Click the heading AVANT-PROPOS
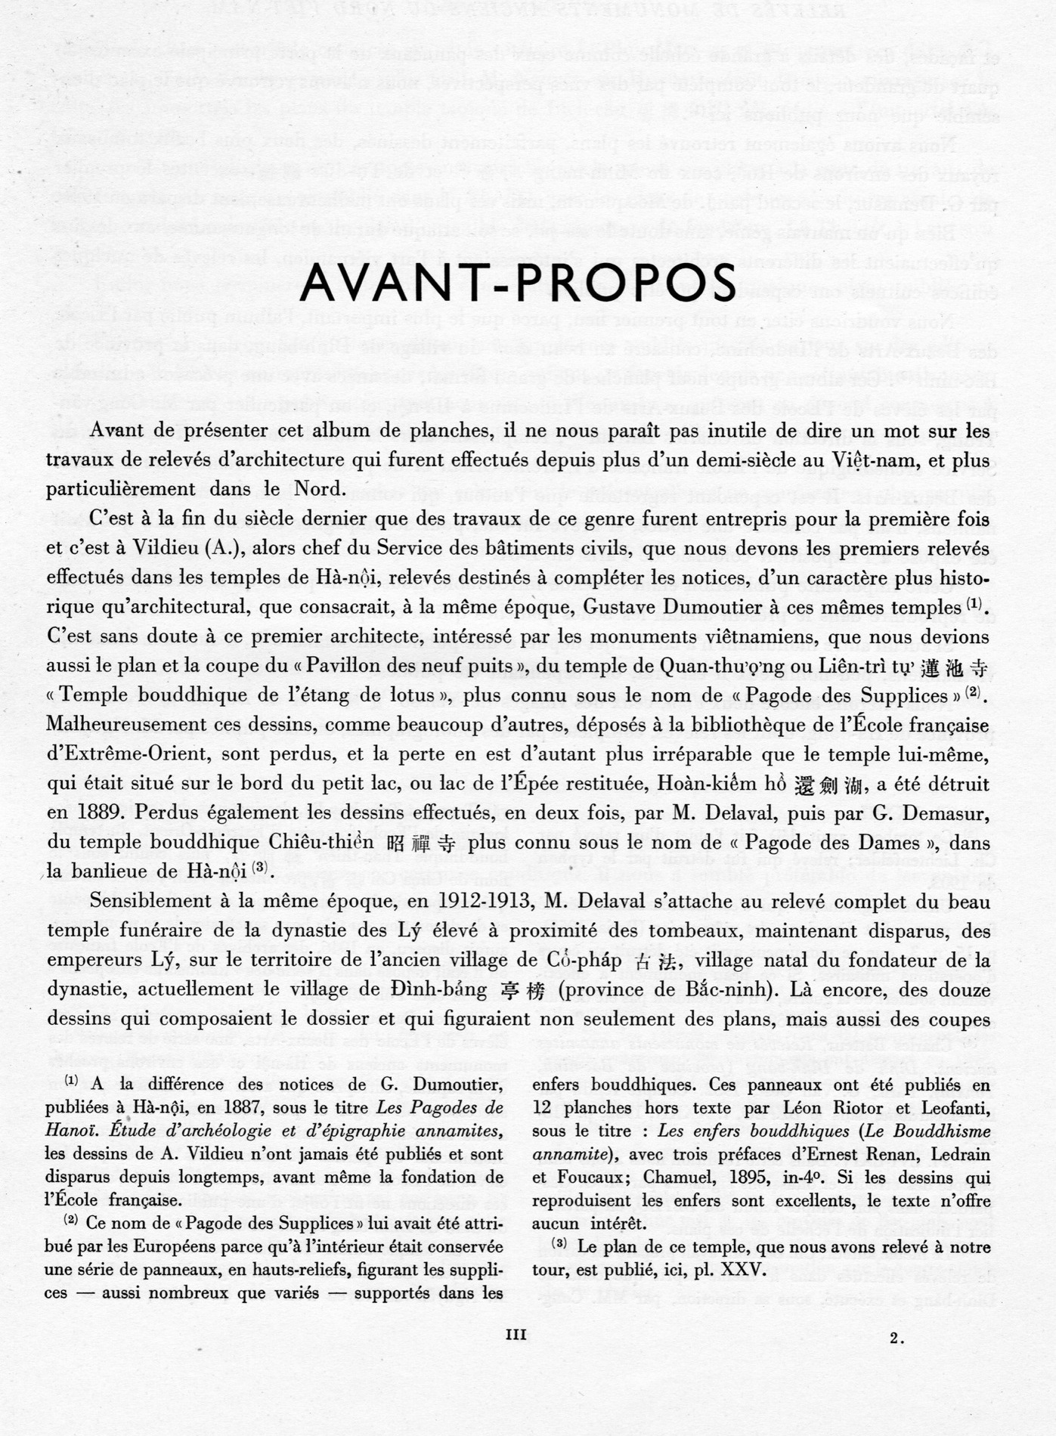(x=518, y=282)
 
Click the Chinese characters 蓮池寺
(x=955, y=666)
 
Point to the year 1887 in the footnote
(x=286, y=1107)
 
